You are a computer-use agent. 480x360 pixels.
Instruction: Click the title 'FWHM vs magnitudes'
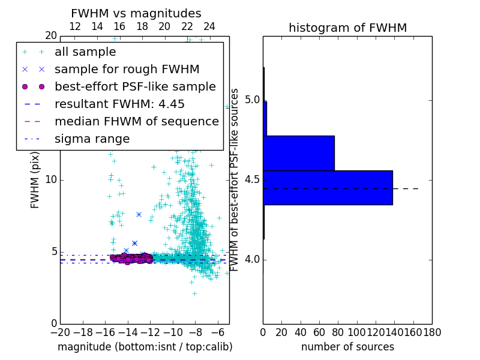[136, 13]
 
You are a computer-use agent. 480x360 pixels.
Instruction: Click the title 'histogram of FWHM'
[347, 28]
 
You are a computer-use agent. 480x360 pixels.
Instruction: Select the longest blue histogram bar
[328, 187]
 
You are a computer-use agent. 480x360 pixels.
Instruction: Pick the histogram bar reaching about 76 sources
[298, 153]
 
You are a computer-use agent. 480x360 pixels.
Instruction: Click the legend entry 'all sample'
[85, 52]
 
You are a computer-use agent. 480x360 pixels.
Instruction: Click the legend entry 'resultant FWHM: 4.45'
[119, 104]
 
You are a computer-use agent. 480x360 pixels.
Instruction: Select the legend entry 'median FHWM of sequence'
[136, 121]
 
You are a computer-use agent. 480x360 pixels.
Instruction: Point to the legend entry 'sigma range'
[92, 139]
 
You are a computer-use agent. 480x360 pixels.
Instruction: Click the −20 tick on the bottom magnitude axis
[60, 331]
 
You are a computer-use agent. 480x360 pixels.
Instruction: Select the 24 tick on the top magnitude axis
[209, 27]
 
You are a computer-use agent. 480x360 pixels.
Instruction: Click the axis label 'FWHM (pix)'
[35, 179]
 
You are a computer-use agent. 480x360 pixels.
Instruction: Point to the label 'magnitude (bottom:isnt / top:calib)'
[145, 347]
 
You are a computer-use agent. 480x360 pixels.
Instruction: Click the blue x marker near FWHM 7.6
[139, 214]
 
